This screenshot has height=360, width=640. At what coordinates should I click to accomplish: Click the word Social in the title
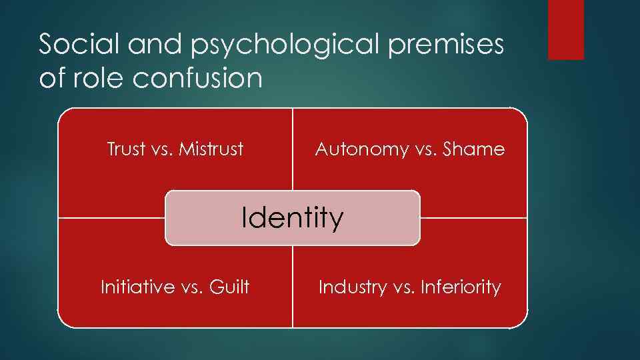click(73, 44)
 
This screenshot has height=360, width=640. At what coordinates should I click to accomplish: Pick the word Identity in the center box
click(293, 217)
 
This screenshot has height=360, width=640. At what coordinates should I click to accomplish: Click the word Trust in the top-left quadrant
click(126, 149)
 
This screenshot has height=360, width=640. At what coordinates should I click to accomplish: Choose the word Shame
click(474, 149)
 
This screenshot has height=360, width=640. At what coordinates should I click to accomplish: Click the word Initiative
click(137, 287)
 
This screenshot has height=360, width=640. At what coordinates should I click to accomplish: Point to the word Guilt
click(229, 287)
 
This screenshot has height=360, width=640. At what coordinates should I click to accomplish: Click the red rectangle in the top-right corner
click(565, 29)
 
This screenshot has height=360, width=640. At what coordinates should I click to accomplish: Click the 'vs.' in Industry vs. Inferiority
click(397, 287)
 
